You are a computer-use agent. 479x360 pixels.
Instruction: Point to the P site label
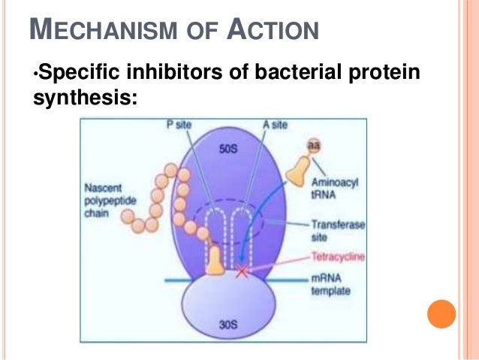(x=179, y=126)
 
